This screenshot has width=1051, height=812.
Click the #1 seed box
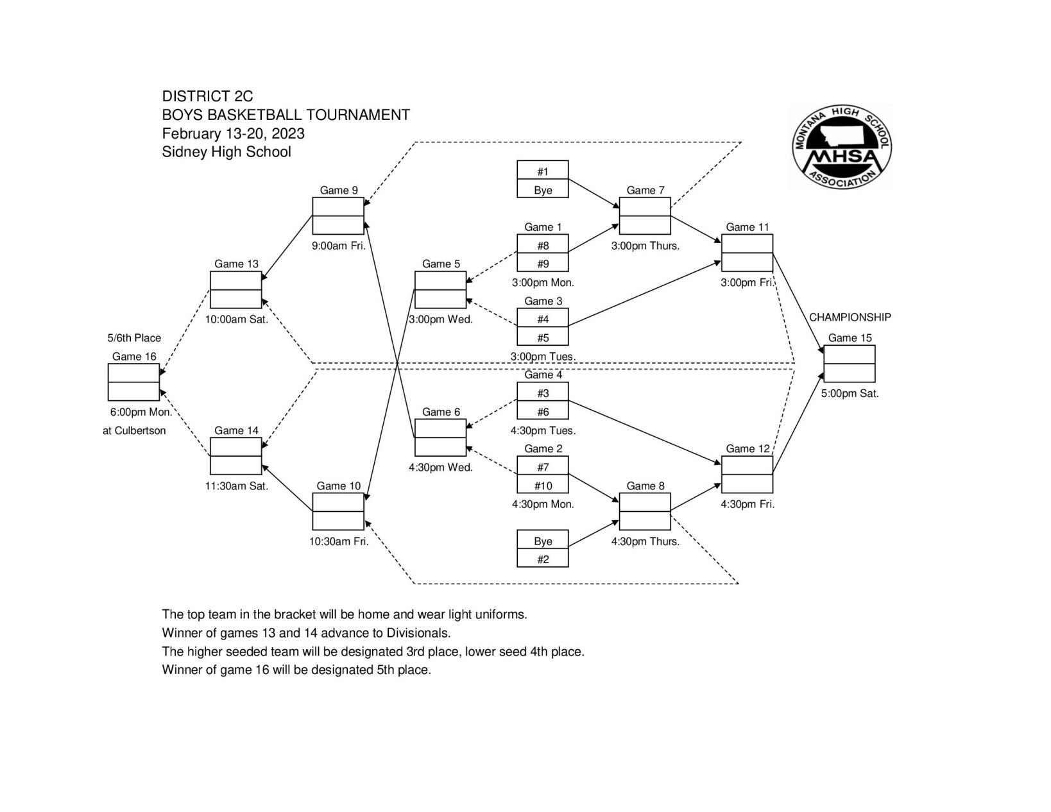pos(543,171)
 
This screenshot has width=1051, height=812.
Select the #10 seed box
pos(543,486)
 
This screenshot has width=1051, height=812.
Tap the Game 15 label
pos(850,338)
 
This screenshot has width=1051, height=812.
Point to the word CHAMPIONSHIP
pos(850,317)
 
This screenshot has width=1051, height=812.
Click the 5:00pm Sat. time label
pos(850,393)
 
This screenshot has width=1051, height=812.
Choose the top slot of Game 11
pos(747,244)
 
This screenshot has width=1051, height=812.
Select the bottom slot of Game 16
pos(133,391)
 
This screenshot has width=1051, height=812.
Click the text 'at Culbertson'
pos(134,430)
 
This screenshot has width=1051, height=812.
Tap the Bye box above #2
pos(543,541)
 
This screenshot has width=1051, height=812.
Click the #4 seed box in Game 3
pos(543,319)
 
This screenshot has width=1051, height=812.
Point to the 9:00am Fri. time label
pos(338,246)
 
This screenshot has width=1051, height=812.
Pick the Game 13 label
pos(236,264)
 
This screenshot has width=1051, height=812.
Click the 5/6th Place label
pos(134,338)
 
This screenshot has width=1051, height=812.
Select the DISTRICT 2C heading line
pos(207,96)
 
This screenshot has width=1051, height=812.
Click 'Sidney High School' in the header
pos(226,152)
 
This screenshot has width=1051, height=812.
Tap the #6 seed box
pos(543,412)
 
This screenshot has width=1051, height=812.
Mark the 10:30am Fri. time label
pos(338,541)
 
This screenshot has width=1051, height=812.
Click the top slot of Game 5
pos(440,281)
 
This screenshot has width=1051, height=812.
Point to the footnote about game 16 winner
pos(296,670)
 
